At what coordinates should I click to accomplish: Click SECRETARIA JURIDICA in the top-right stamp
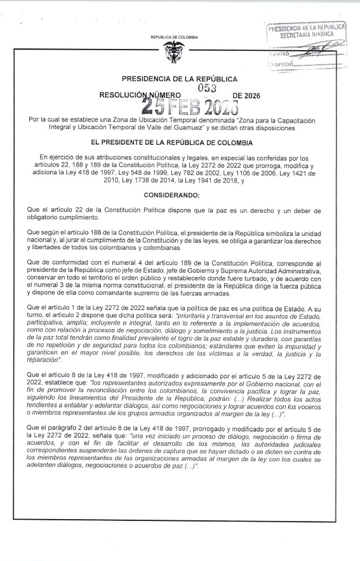pyautogui.click(x=307, y=36)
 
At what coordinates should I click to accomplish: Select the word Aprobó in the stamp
pyautogui.click(x=280, y=65)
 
